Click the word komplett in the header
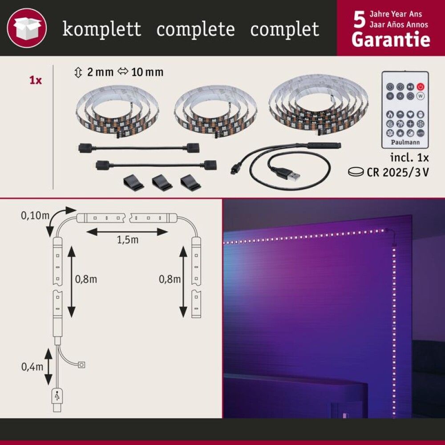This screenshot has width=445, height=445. point(102,29)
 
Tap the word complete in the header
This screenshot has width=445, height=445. point(196,29)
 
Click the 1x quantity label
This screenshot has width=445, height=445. point(35,81)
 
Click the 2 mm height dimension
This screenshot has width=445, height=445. point(95,72)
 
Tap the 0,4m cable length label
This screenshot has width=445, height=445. point(32,367)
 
